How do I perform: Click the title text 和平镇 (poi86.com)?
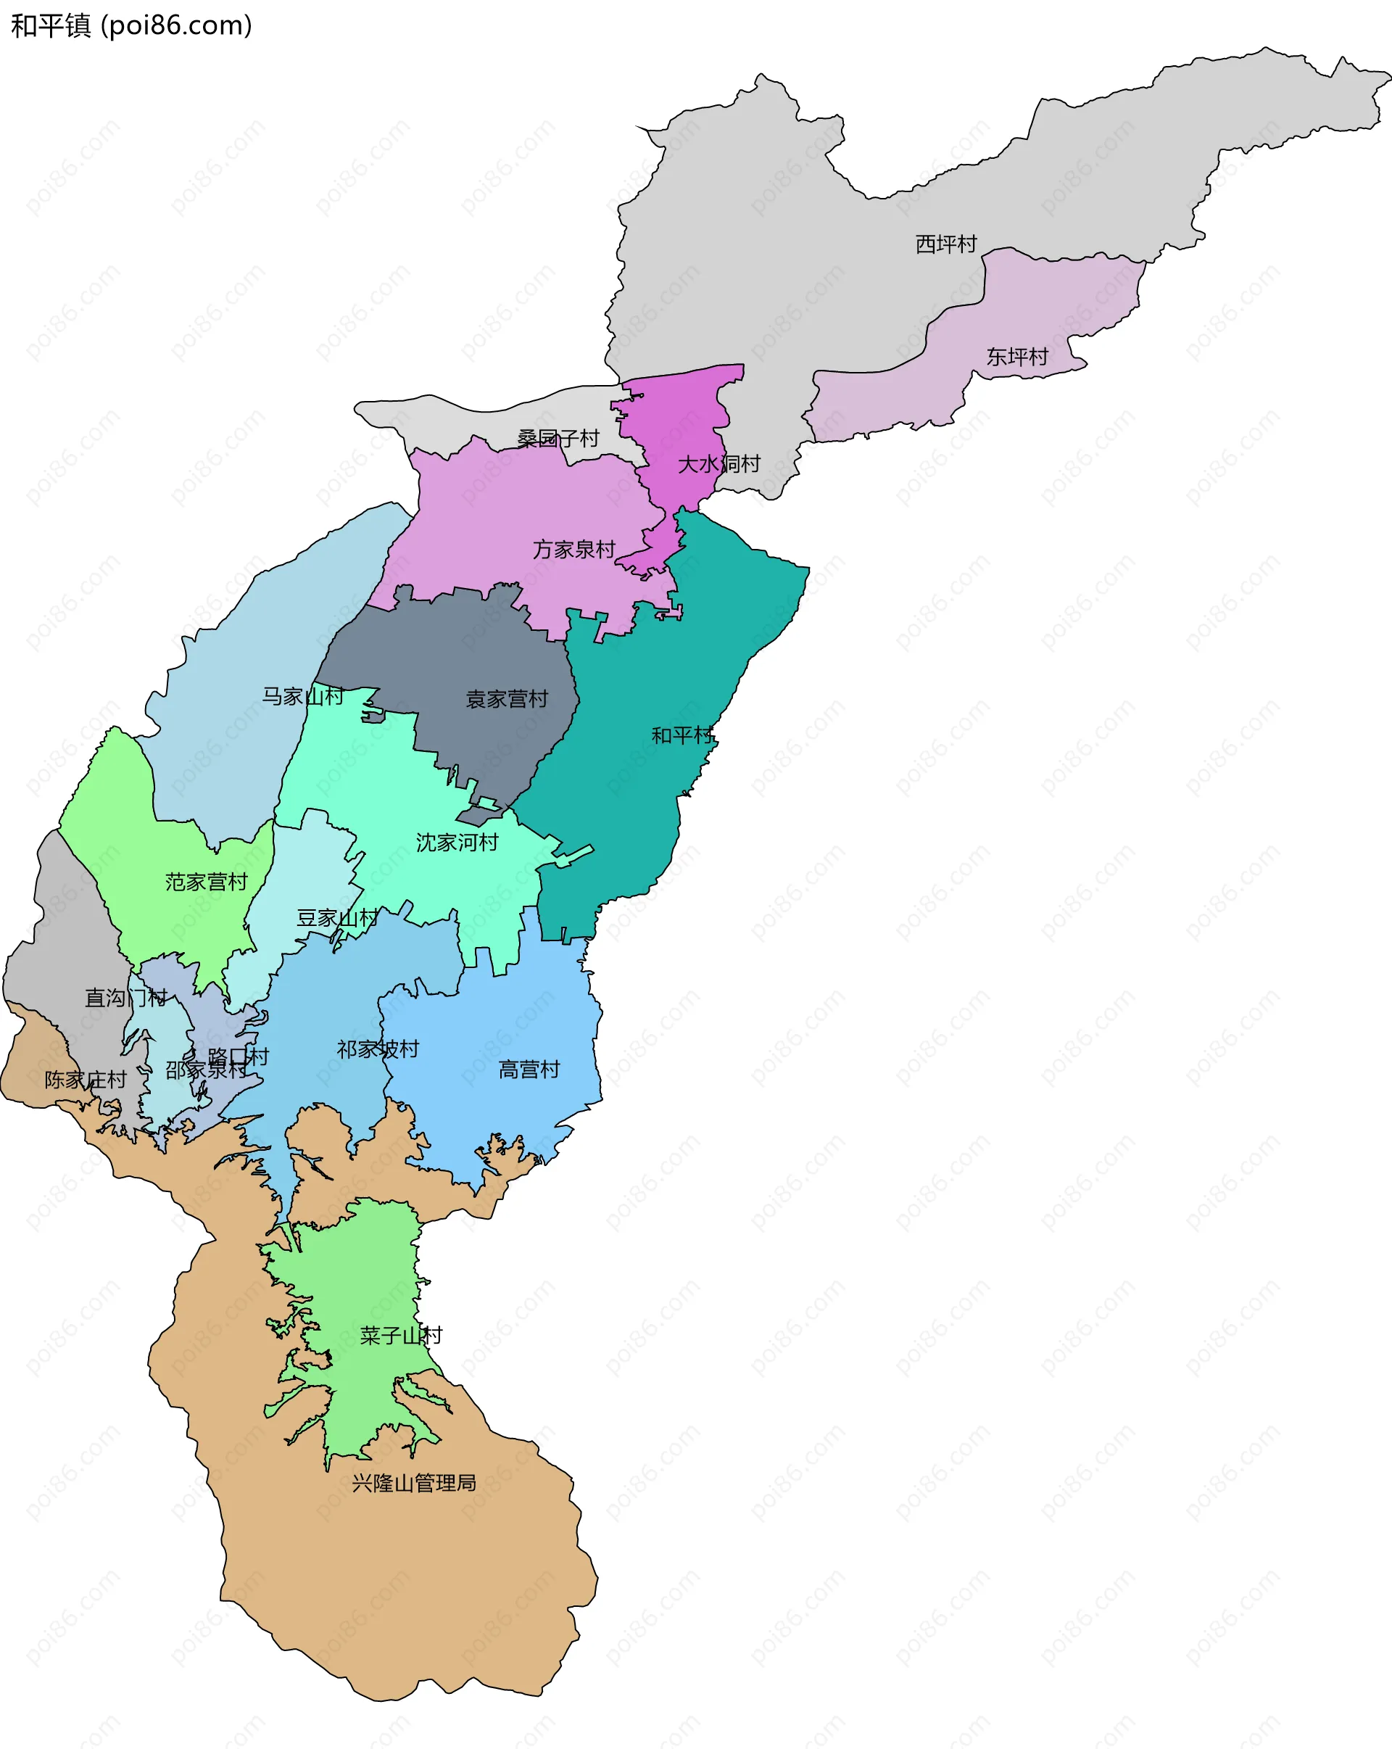click(131, 26)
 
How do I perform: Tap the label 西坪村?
click(946, 244)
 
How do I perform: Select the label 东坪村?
click(1017, 357)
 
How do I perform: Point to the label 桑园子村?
click(558, 439)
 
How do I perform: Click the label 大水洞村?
click(718, 465)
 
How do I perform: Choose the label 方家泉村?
click(574, 550)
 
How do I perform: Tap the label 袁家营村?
click(507, 699)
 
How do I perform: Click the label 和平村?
click(683, 736)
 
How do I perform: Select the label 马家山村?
click(302, 696)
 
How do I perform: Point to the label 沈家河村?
click(457, 843)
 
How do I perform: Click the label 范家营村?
click(206, 882)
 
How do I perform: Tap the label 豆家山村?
click(337, 918)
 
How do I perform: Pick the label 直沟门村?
click(125, 998)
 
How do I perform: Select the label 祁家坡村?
click(378, 1050)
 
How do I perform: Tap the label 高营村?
click(529, 1070)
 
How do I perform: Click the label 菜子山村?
click(401, 1335)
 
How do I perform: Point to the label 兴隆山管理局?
click(414, 1483)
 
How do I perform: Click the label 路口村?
click(239, 1057)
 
